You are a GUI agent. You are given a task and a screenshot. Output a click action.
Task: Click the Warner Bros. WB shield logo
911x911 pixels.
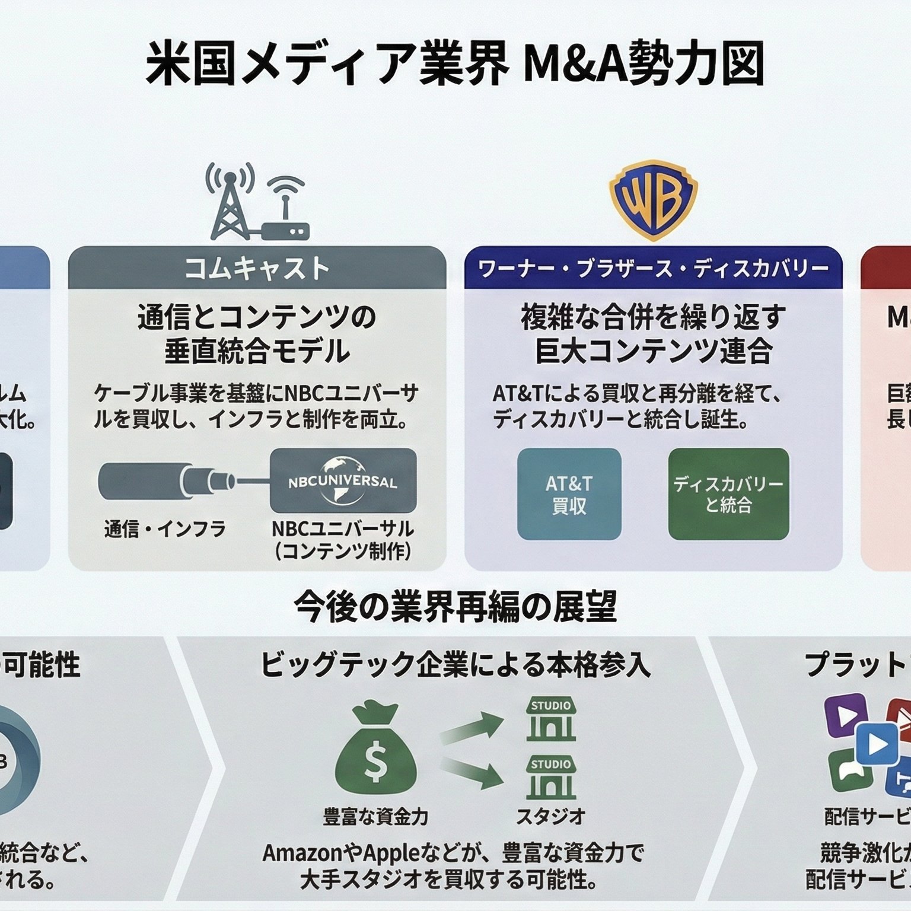(653, 199)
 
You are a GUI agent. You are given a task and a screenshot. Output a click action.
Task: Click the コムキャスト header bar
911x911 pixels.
(257, 268)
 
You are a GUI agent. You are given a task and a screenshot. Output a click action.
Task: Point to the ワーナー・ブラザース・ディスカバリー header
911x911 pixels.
(653, 268)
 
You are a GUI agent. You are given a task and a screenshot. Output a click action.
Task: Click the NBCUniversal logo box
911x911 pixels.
(343, 480)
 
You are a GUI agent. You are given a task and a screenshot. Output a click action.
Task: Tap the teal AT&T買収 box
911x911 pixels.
(569, 494)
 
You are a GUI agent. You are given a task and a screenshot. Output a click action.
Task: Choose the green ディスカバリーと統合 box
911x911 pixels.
(728, 494)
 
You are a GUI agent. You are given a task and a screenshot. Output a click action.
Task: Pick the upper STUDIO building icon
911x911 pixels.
(551, 719)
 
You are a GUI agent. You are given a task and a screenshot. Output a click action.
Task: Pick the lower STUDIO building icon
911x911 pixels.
(551, 778)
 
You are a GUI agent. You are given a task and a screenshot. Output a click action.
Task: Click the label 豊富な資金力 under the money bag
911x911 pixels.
(375, 817)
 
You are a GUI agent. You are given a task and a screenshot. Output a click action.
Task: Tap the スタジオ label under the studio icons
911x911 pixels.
(551, 817)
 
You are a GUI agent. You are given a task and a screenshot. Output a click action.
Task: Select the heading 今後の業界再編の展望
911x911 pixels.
(455, 607)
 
